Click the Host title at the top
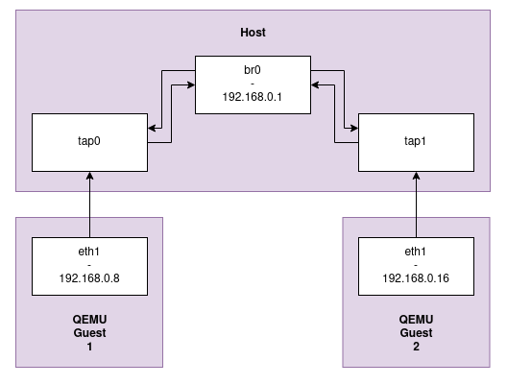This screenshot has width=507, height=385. (x=253, y=34)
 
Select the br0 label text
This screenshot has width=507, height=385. (x=253, y=70)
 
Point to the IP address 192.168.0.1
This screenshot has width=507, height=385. (x=253, y=97)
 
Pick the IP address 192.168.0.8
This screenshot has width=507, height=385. (x=89, y=281)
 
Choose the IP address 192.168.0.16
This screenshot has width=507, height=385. (x=416, y=281)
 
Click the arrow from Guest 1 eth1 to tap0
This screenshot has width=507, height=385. (x=89, y=206)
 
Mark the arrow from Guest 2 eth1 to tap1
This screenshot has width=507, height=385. (x=416, y=206)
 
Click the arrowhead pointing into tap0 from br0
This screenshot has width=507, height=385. (x=152, y=126)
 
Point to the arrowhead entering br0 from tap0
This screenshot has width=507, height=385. (x=190, y=86)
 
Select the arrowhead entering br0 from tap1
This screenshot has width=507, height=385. (x=315, y=86)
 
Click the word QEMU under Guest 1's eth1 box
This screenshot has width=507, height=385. (x=89, y=320)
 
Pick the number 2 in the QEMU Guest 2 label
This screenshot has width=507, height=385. (x=416, y=348)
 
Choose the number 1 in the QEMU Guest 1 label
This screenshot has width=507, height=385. (x=89, y=348)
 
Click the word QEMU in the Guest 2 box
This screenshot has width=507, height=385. (x=416, y=320)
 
